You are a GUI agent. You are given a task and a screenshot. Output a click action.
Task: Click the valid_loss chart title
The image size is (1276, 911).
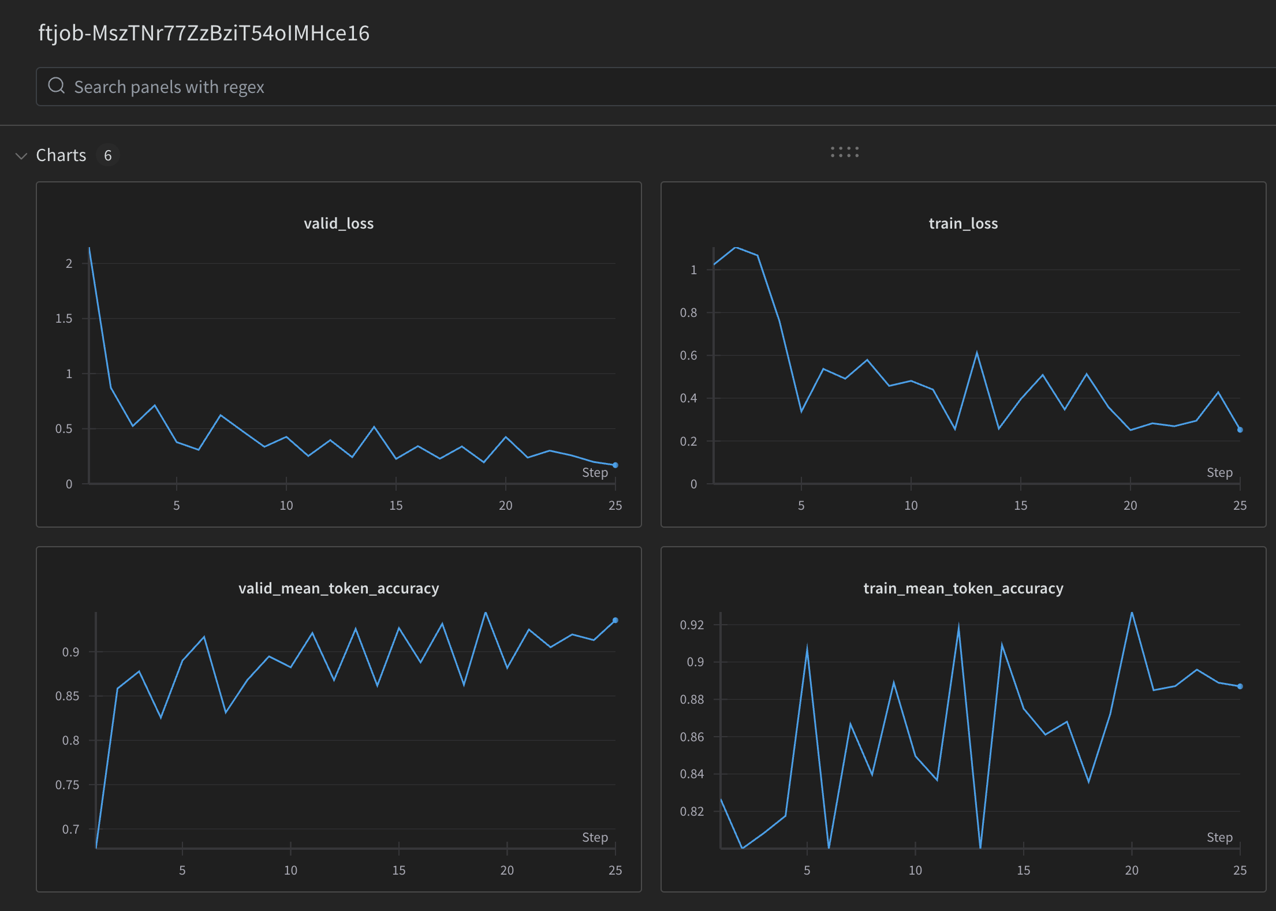(x=338, y=223)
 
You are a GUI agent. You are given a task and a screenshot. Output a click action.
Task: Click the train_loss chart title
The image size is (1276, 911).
(x=963, y=223)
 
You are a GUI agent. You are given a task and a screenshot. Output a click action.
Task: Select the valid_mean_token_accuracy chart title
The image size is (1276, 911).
(x=338, y=588)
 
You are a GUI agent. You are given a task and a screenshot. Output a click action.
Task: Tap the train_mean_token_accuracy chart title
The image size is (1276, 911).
(x=963, y=588)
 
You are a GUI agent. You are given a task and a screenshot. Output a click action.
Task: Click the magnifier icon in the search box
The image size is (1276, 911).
(x=56, y=86)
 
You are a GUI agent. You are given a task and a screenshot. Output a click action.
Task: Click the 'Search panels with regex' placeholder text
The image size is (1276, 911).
(x=169, y=87)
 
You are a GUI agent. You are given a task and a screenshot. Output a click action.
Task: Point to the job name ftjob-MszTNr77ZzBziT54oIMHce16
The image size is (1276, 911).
(x=204, y=33)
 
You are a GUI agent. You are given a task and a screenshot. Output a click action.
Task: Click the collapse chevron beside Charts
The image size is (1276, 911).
(x=21, y=156)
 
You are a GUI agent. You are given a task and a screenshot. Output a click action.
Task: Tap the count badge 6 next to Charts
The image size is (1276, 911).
(x=107, y=155)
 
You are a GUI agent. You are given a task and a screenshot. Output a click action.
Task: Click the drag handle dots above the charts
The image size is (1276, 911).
(x=844, y=152)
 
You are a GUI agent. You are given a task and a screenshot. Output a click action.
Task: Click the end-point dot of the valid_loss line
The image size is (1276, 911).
(x=615, y=465)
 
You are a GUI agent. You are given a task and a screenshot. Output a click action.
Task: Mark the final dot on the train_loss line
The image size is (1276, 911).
(x=1240, y=430)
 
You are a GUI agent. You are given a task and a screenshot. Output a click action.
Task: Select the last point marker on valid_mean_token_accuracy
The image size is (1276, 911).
(x=615, y=620)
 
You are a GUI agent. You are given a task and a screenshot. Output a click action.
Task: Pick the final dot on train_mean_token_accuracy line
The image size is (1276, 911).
(x=1240, y=686)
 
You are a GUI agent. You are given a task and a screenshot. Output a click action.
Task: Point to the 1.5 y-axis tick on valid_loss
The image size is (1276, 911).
(x=64, y=319)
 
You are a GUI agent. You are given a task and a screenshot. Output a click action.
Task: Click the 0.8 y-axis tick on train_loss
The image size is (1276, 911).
(x=688, y=313)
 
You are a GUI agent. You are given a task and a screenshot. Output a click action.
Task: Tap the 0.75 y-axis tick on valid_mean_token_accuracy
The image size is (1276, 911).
(x=67, y=785)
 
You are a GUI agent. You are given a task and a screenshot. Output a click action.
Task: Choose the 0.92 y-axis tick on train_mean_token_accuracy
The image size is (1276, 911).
(x=692, y=625)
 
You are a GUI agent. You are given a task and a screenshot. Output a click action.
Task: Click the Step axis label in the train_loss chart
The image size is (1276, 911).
(x=1219, y=472)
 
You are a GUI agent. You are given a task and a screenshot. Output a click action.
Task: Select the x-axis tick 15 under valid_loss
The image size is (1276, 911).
(x=396, y=506)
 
